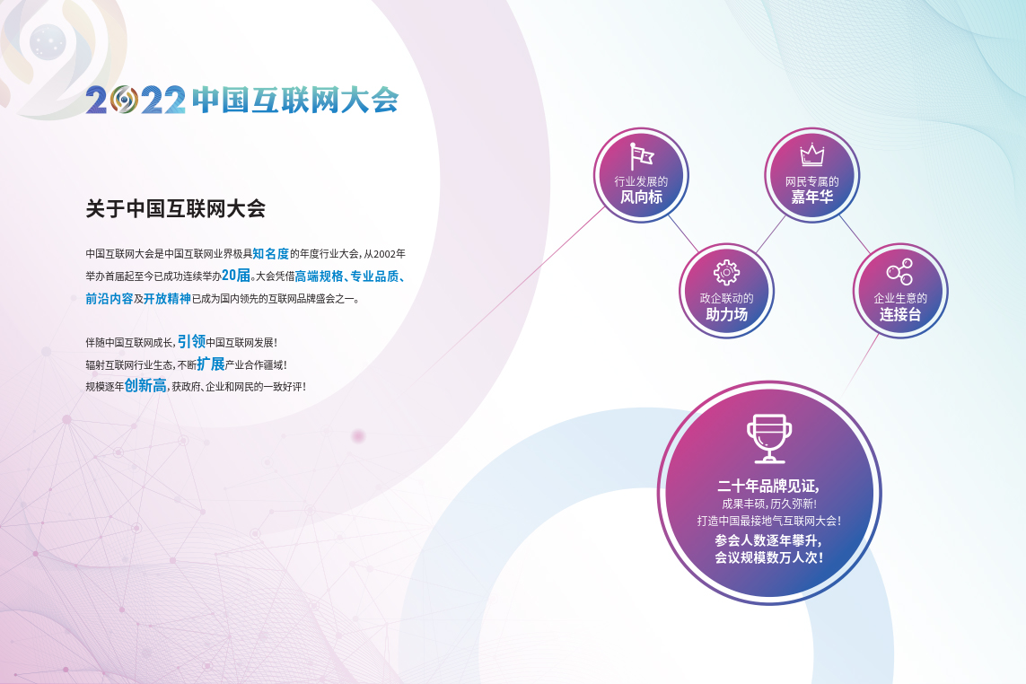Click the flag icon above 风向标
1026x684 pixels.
coord(641,156)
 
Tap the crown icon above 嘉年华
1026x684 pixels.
coord(812,154)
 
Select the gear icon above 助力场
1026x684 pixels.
coord(726,272)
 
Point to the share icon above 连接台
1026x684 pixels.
coord(899,272)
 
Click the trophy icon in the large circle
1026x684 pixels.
coord(769,438)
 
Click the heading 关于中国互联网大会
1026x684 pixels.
coord(175,209)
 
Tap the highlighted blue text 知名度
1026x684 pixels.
coord(271,253)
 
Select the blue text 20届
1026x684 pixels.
coord(236,275)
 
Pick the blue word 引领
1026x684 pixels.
coord(191,341)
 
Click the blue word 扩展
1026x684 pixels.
coord(211,364)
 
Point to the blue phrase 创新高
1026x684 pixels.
coord(145,385)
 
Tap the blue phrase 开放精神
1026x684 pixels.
coord(167,299)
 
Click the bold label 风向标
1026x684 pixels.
coord(641,197)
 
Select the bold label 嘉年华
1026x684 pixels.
coord(812,197)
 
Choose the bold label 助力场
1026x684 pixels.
coord(726,314)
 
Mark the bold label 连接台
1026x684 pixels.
coord(899,314)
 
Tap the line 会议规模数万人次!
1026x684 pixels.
coord(769,557)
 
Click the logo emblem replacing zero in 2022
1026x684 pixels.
coord(124,100)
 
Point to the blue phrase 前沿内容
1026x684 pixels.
coord(110,299)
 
